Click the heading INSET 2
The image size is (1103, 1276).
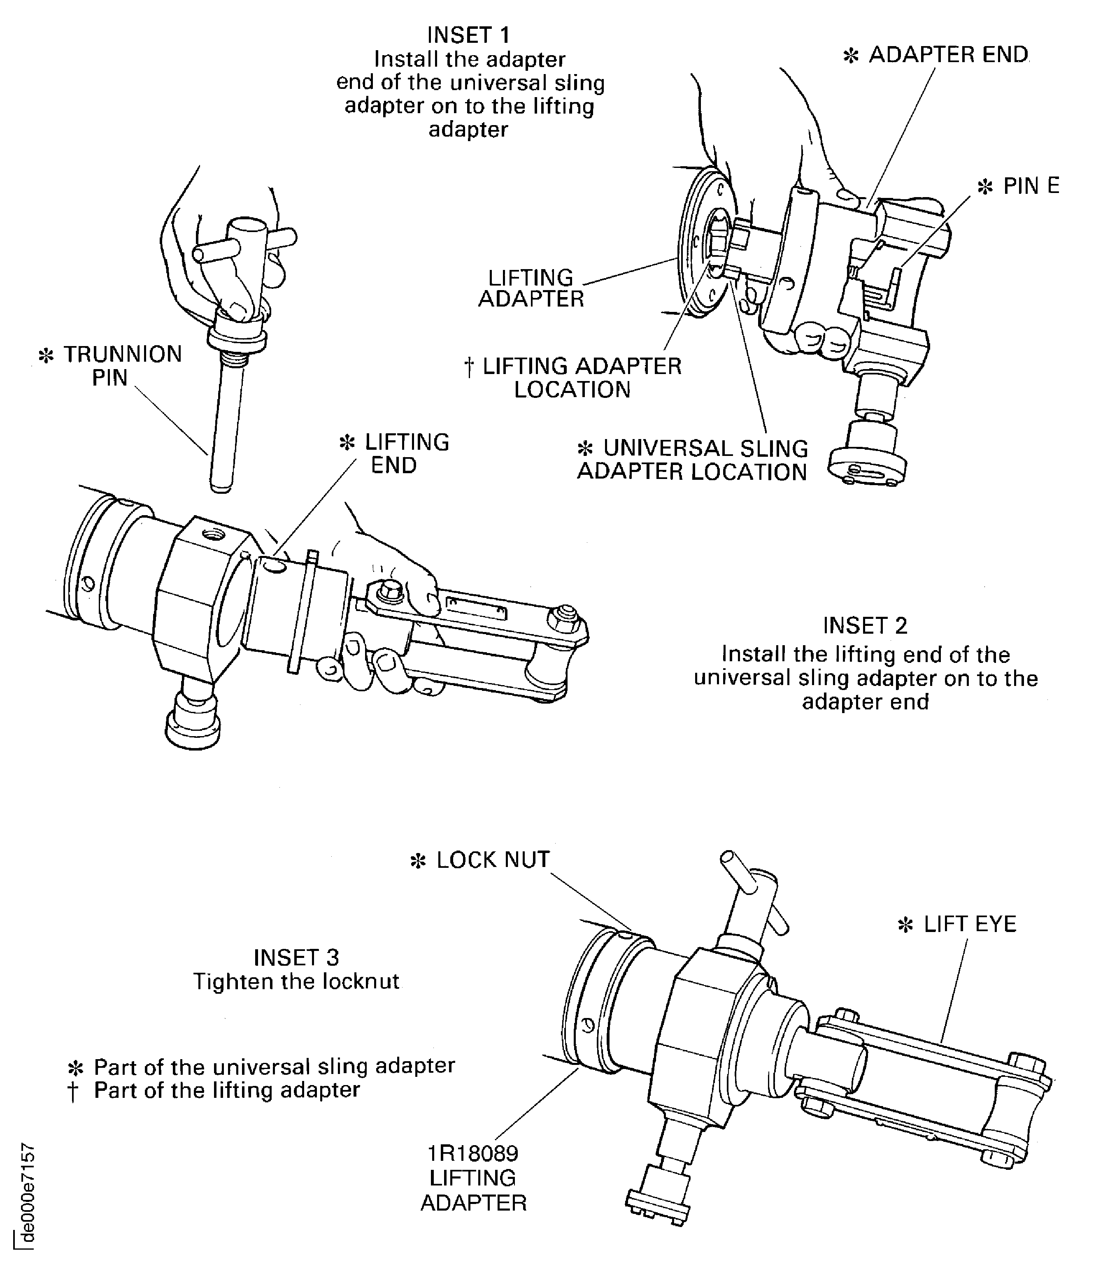click(865, 626)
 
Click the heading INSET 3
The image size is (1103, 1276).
click(296, 958)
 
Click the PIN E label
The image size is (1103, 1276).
click(1030, 186)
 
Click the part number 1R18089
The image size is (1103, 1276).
click(473, 1153)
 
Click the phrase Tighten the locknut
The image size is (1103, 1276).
click(296, 982)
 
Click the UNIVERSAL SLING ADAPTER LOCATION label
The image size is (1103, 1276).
click(691, 460)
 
